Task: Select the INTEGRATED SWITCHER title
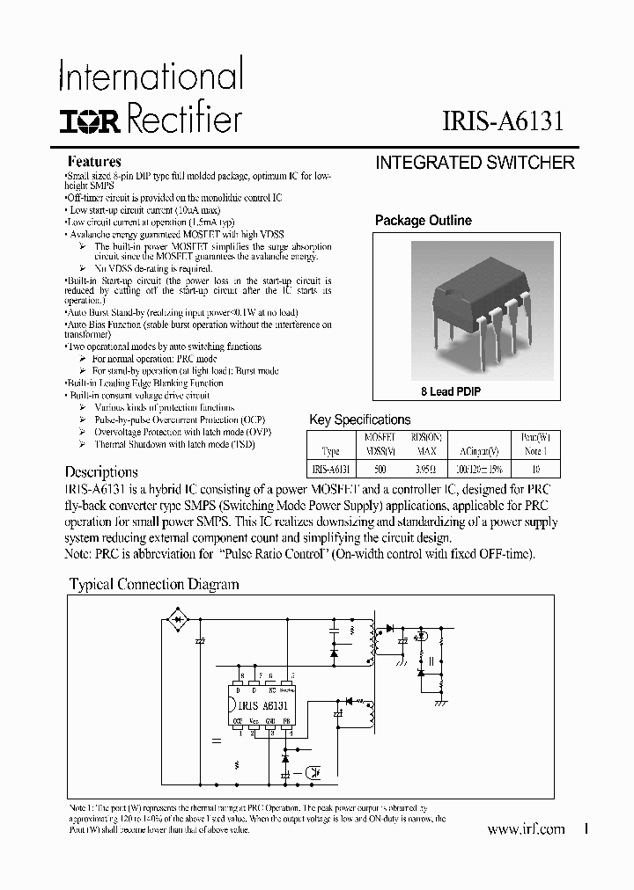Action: click(475, 163)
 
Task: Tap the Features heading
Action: click(94, 162)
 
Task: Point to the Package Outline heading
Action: click(423, 221)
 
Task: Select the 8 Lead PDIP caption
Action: click(451, 391)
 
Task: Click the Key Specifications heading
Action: click(359, 419)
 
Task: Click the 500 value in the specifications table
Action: click(380, 470)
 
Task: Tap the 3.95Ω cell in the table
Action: click(426, 470)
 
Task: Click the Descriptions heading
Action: click(101, 472)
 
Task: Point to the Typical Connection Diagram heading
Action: click(154, 584)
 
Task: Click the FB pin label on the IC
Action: click(286, 721)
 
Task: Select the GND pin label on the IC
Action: click(270, 721)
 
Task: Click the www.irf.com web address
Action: click(526, 829)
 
